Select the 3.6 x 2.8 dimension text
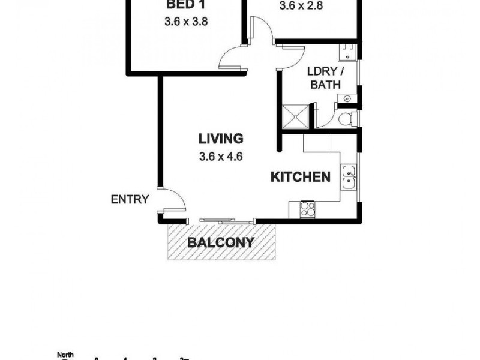click(301, 8)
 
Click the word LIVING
click(221, 139)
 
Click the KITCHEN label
click(301, 177)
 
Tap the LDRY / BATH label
click(322, 78)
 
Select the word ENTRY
click(130, 200)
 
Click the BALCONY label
click(220, 243)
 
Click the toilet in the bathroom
click(347, 119)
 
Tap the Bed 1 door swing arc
click(231, 57)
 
